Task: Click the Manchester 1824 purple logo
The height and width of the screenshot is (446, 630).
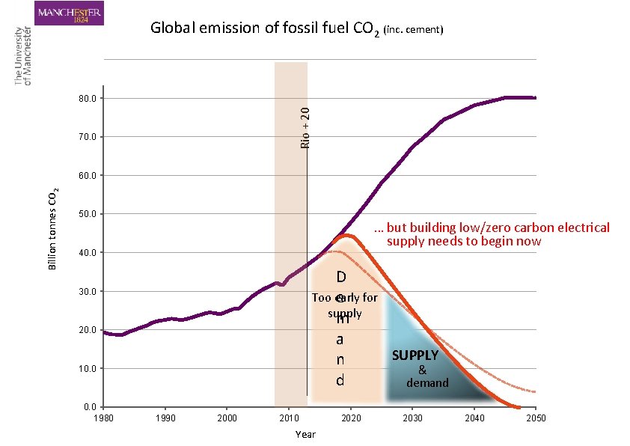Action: (69, 13)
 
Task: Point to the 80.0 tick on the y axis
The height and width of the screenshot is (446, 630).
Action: (88, 98)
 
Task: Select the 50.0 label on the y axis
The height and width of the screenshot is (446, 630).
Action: (88, 214)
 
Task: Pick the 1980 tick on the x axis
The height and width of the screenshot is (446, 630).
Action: (103, 418)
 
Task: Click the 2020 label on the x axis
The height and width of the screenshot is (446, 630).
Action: (350, 418)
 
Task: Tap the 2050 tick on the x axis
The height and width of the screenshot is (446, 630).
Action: (536, 418)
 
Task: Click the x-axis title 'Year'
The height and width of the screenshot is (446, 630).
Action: (305, 434)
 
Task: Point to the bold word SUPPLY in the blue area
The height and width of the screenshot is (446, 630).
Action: (415, 355)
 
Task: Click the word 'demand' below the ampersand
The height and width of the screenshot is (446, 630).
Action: (427, 382)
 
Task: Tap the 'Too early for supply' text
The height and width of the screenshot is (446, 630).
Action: (345, 305)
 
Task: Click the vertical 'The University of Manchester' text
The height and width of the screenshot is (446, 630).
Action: (22, 56)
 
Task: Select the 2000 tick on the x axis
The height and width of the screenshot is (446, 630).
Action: (227, 418)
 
